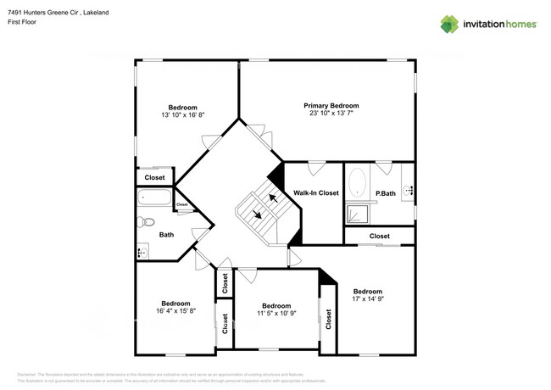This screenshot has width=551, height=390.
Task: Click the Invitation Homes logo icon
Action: click(x=449, y=24)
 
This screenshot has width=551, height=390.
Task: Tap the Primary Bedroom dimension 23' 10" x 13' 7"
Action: click(x=331, y=114)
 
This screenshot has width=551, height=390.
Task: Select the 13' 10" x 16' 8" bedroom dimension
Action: click(x=182, y=115)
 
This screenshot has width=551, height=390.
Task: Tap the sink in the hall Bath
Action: click(x=142, y=251)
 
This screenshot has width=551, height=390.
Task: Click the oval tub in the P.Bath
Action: click(x=358, y=183)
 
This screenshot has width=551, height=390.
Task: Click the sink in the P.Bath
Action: click(x=407, y=192)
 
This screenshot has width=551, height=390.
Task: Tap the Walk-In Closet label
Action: click(x=316, y=193)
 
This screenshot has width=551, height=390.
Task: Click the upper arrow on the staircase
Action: click(x=273, y=198)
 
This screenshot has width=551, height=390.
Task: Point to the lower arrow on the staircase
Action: click(x=257, y=215)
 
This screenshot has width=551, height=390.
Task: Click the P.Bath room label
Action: click(x=386, y=194)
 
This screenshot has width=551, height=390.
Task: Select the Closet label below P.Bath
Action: click(x=379, y=236)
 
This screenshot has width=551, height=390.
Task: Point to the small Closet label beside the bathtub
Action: click(x=181, y=204)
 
